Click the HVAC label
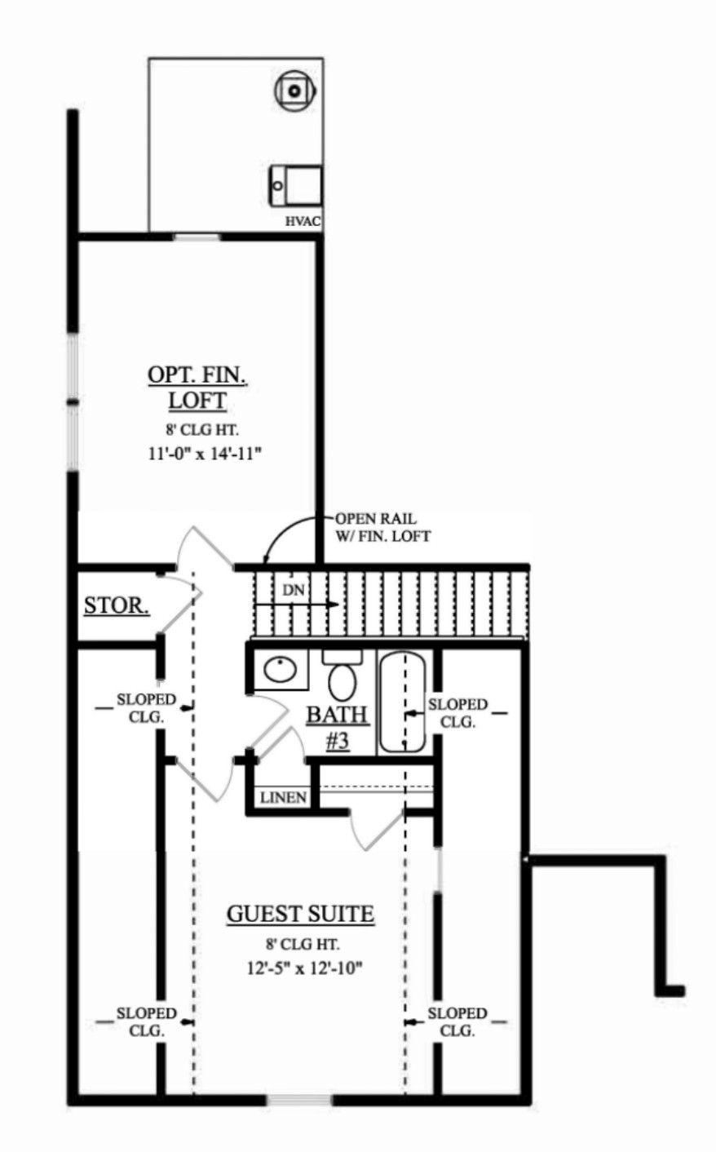click(x=303, y=222)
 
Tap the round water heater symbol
click(x=294, y=91)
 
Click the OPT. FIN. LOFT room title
click(x=197, y=388)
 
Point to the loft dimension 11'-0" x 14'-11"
click(x=204, y=454)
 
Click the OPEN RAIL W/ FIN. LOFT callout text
click(x=383, y=527)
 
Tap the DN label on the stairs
click(x=294, y=591)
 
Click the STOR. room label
click(x=117, y=605)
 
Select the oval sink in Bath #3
click(x=281, y=668)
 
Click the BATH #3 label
click(x=338, y=729)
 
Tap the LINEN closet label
click(x=283, y=798)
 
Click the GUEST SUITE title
click(x=301, y=914)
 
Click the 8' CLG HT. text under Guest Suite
click(x=303, y=944)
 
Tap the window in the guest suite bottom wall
click(x=299, y=1100)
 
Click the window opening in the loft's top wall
click(x=197, y=237)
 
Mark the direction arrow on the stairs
click(x=297, y=605)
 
